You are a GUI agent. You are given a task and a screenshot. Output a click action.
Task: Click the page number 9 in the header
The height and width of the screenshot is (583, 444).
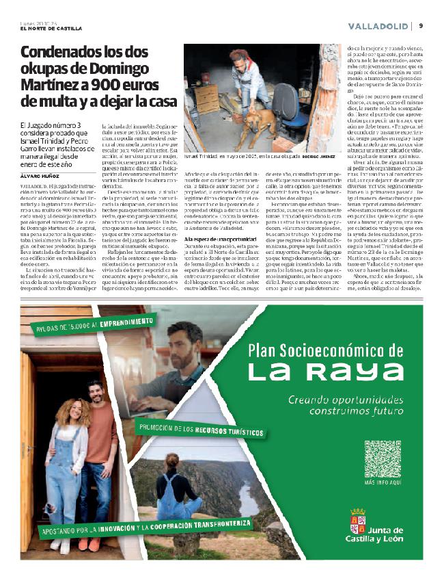click(x=421, y=25)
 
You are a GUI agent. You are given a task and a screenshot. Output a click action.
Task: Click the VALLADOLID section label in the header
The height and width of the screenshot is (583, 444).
click(x=378, y=26)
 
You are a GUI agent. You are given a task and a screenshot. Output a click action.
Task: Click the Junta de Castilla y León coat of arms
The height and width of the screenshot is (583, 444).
click(x=357, y=521)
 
